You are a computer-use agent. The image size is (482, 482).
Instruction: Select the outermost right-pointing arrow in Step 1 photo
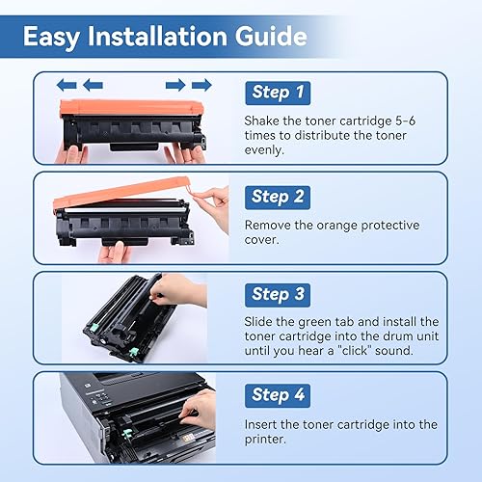tap(201, 85)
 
